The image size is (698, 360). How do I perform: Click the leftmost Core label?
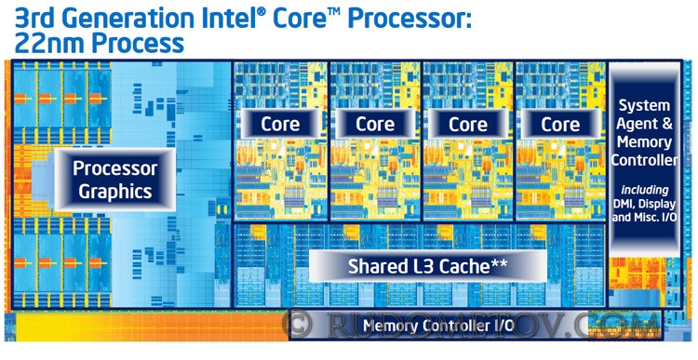pos(280,124)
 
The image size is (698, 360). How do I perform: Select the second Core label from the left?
pos(375,124)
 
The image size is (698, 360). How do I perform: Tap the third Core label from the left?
pos(468,124)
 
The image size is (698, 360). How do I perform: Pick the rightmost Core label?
pos(560,124)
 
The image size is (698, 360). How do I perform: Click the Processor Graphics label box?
pos(115,180)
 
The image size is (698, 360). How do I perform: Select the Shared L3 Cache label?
pos(428,266)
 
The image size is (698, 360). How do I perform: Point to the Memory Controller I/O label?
pos(438,327)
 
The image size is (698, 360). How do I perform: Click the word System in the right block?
pos(645,106)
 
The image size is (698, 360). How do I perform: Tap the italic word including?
pos(645,190)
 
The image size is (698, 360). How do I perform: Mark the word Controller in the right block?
pos(644,160)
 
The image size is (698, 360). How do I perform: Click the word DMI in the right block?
pos(624,205)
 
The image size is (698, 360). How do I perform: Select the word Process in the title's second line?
pos(139,44)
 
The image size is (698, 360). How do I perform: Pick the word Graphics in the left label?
pos(115,192)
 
